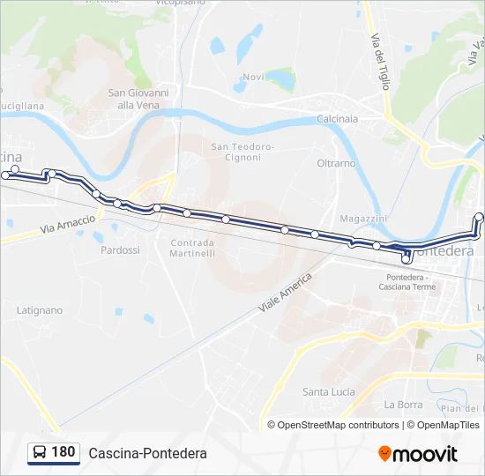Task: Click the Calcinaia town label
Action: click(x=337, y=119)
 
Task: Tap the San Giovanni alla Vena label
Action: click(x=138, y=98)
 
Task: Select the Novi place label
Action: click(x=253, y=77)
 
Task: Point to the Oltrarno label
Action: click(x=336, y=163)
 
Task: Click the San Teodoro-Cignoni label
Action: click(x=242, y=152)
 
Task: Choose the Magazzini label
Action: click(x=363, y=219)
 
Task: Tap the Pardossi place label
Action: click(x=120, y=250)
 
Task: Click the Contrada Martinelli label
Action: click(x=192, y=248)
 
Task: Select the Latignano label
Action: click(x=40, y=310)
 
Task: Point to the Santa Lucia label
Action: click(x=328, y=391)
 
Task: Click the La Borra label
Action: click(x=403, y=405)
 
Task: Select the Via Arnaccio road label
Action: click(x=67, y=225)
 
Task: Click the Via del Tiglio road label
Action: click(x=380, y=62)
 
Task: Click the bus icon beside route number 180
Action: click(x=40, y=453)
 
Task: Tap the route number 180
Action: click(x=63, y=452)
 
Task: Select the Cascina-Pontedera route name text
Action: click(x=147, y=453)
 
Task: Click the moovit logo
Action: click(x=418, y=454)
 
